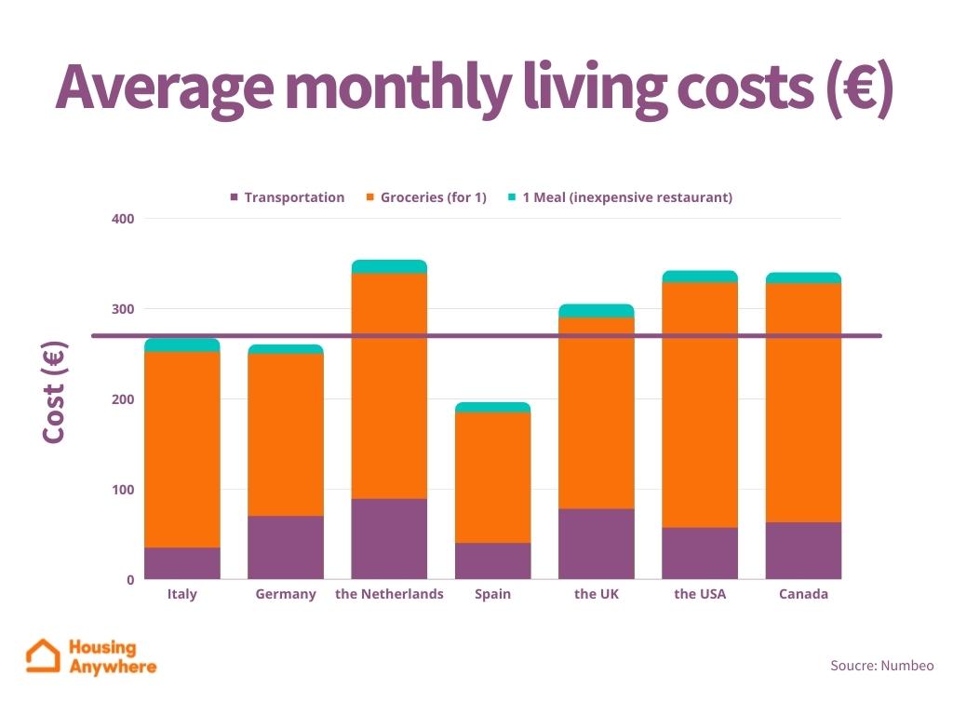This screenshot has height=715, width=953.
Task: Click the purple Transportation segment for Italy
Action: pyautogui.click(x=182, y=563)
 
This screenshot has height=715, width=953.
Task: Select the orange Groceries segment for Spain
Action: pyautogui.click(x=492, y=477)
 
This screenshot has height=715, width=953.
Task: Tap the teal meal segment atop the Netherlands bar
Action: pyautogui.click(x=389, y=267)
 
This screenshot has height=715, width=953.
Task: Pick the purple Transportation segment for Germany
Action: pyautogui.click(x=286, y=547)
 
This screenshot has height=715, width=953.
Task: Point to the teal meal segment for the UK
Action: pyautogui.click(x=597, y=311)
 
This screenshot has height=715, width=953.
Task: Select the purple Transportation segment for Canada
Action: pyautogui.click(x=803, y=550)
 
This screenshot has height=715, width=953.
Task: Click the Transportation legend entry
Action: pyautogui.click(x=288, y=197)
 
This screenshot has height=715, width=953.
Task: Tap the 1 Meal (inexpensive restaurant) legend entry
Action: pyautogui.click(x=620, y=197)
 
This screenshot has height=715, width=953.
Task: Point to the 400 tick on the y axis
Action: pyautogui.click(x=124, y=219)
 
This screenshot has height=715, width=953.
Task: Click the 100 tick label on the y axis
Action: pyautogui.click(x=124, y=490)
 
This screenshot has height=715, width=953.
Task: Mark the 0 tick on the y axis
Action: pyautogui.click(x=130, y=580)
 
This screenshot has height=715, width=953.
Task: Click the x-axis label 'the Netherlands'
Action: pyautogui.click(x=389, y=594)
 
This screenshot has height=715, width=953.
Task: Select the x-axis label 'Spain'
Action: pyautogui.click(x=492, y=594)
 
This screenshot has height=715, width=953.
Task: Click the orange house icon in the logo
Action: pyautogui.click(x=43, y=655)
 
